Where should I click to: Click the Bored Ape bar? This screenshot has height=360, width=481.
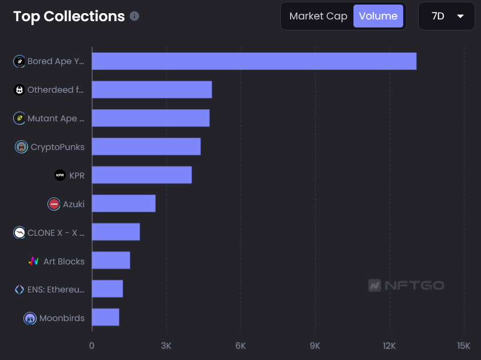254,61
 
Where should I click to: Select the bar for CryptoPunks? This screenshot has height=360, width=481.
146,147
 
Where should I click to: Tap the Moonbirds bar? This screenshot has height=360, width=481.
105,317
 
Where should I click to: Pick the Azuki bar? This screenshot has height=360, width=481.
124,203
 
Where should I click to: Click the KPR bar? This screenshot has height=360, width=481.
141,175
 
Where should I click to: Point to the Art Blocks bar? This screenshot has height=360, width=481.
111,260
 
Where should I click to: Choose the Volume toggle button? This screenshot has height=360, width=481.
378,16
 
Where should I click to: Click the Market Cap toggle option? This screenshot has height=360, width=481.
318,16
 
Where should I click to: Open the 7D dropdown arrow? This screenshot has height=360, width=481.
460,16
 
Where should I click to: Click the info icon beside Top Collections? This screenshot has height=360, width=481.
134,16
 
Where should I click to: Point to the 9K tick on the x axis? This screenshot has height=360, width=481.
315,346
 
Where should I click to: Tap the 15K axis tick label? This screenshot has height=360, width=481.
463,346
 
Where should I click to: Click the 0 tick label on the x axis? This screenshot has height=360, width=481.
92,346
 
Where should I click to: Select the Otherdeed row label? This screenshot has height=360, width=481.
55,90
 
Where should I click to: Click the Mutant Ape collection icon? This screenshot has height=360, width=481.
19,118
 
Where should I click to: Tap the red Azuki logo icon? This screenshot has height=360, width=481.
54,204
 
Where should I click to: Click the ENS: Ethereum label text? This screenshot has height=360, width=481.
55,290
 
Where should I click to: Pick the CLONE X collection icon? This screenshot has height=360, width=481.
19,232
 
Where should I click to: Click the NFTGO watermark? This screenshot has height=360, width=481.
406,285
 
